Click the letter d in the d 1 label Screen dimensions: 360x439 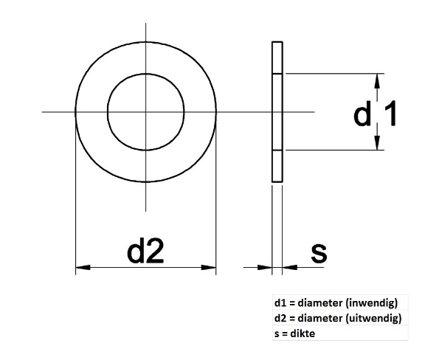coord(362,114)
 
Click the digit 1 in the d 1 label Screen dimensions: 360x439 coord(391,114)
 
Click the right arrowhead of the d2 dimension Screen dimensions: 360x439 coord(210,267)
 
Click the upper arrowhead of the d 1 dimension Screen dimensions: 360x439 coord(378,80)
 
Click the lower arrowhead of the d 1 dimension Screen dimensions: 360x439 coord(378,144)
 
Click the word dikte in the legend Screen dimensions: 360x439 coord(298,334)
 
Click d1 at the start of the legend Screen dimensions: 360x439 coord(279,303)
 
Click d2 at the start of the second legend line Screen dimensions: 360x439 coord(279,319)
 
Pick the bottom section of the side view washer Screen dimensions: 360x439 coord(277,167)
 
